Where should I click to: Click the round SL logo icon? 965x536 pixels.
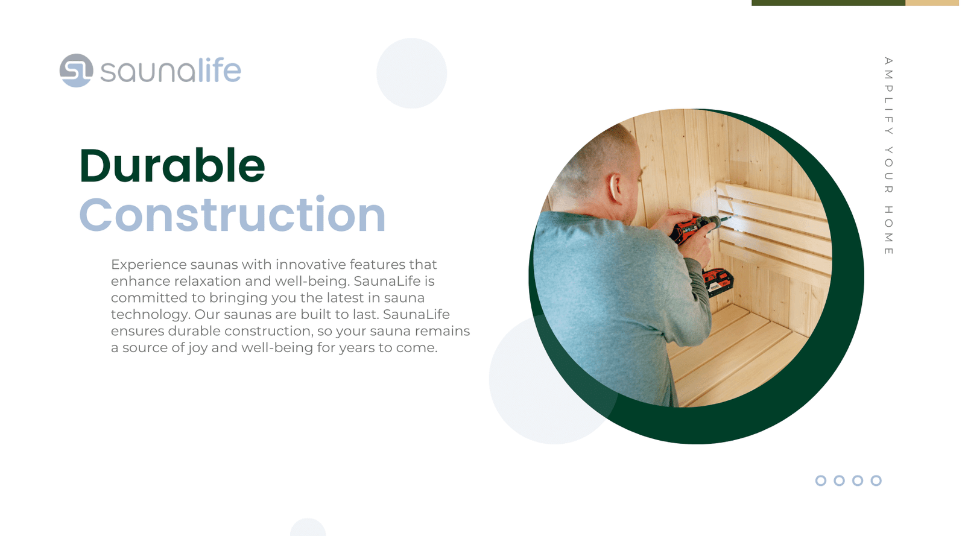(76, 71)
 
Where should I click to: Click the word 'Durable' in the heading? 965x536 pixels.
(172, 166)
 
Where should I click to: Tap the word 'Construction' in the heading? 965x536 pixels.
(232, 215)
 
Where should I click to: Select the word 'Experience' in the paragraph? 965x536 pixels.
(148, 265)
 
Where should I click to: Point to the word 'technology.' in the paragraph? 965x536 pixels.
(150, 315)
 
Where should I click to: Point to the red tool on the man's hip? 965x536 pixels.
(718, 282)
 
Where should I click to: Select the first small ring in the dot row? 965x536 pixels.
(821, 481)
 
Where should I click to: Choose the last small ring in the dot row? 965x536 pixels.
(876, 481)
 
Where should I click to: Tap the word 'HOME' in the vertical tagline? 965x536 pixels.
(888, 230)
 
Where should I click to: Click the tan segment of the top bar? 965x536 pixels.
(935, 2)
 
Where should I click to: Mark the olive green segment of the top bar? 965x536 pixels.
(829, 2)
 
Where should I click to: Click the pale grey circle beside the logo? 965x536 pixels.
(411, 73)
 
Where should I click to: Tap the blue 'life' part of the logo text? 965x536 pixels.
(220, 70)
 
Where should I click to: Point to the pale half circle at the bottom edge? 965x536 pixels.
(308, 528)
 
